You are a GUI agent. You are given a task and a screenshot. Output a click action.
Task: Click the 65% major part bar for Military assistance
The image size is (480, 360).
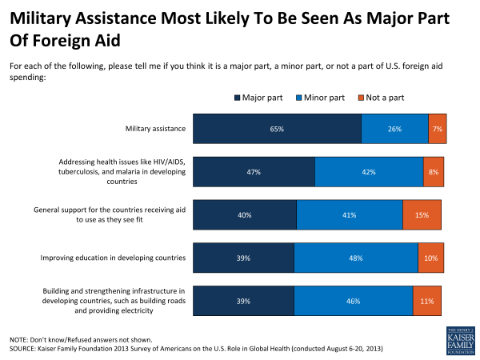(277, 128)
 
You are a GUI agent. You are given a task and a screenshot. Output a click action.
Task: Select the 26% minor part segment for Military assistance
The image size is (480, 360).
(394, 128)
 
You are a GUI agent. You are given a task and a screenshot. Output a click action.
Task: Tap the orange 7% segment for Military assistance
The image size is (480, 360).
(438, 128)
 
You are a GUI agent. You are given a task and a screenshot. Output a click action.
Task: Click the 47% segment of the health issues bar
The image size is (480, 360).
(254, 171)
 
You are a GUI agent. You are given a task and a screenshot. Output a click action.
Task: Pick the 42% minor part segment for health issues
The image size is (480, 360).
(369, 171)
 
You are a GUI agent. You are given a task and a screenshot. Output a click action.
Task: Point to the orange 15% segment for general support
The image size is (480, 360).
(422, 214)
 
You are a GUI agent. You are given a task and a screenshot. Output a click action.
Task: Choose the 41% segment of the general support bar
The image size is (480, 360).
(350, 214)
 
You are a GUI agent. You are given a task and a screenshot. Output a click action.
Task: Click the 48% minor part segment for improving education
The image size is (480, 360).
(355, 258)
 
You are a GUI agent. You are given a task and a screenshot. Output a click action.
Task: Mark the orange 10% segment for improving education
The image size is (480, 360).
(430, 258)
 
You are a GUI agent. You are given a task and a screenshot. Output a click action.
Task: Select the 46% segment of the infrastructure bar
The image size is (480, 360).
(353, 301)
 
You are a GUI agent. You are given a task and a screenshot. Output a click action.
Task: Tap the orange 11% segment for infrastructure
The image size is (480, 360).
(427, 301)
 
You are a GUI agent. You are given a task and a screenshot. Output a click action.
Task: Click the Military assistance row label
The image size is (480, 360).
(155, 128)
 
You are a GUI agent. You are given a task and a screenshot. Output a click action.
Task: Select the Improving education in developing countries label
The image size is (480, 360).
(113, 258)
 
